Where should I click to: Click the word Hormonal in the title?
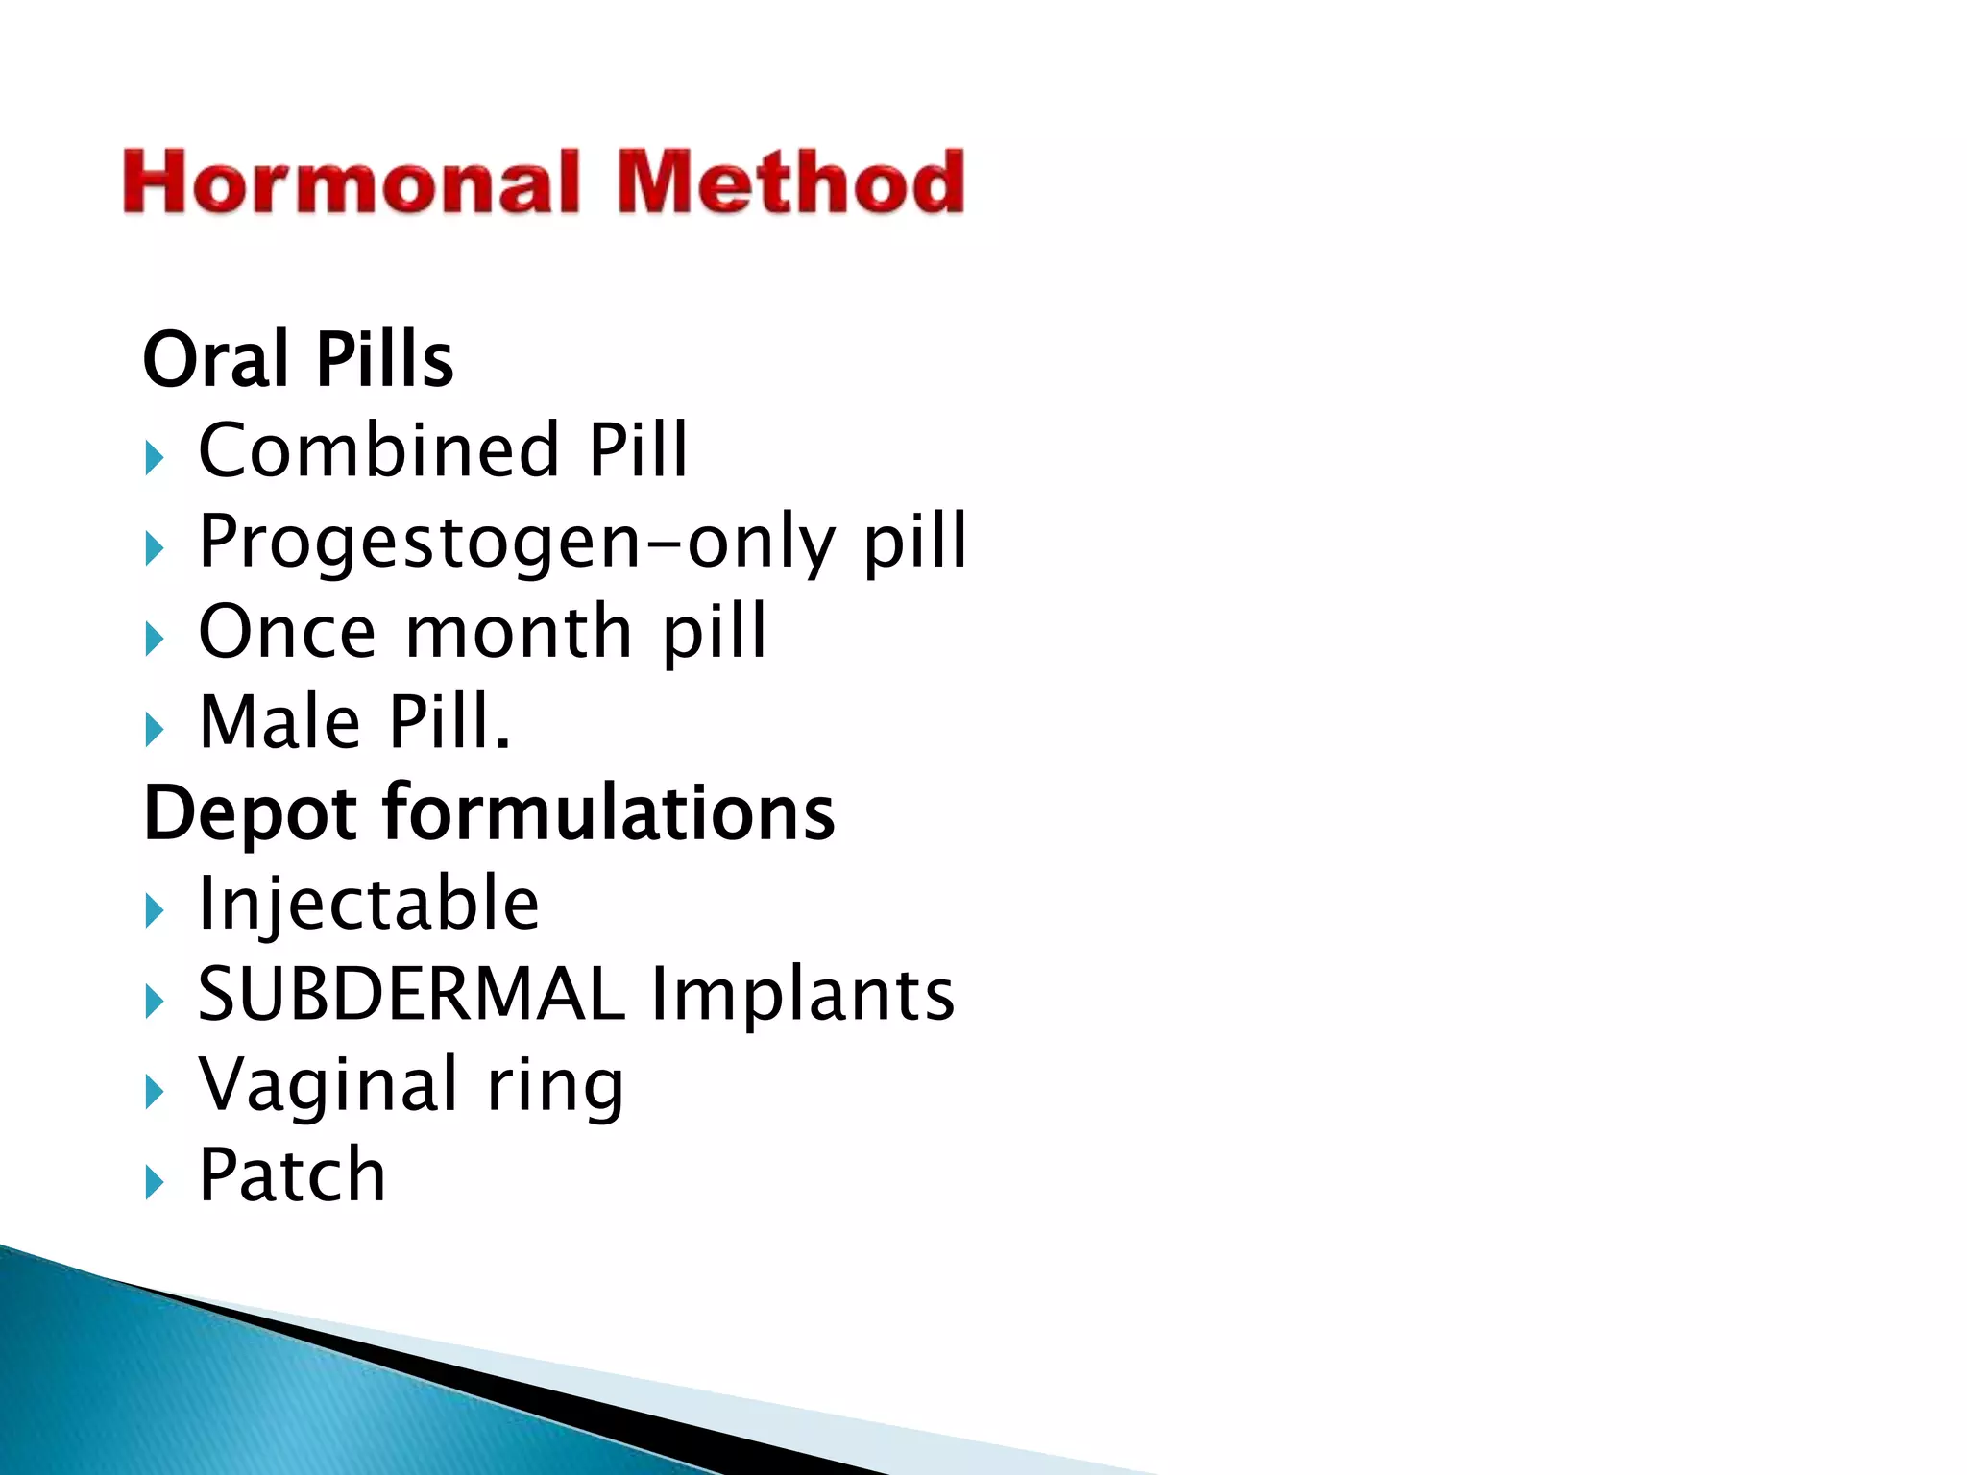pos(352,182)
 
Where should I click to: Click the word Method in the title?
pos(789,182)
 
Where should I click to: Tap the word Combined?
pos(378,449)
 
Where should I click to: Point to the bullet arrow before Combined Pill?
pos(155,458)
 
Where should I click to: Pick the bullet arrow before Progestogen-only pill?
pos(155,549)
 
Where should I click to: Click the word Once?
pos(287,632)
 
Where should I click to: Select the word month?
pos(519,632)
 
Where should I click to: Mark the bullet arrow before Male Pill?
pos(155,730)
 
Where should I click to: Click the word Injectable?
pos(369,904)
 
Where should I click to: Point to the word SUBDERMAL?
pos(411,994)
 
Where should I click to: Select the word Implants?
pos(803,995)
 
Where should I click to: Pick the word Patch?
pos(292,1174)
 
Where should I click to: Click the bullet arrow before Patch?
pos(155,1183)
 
